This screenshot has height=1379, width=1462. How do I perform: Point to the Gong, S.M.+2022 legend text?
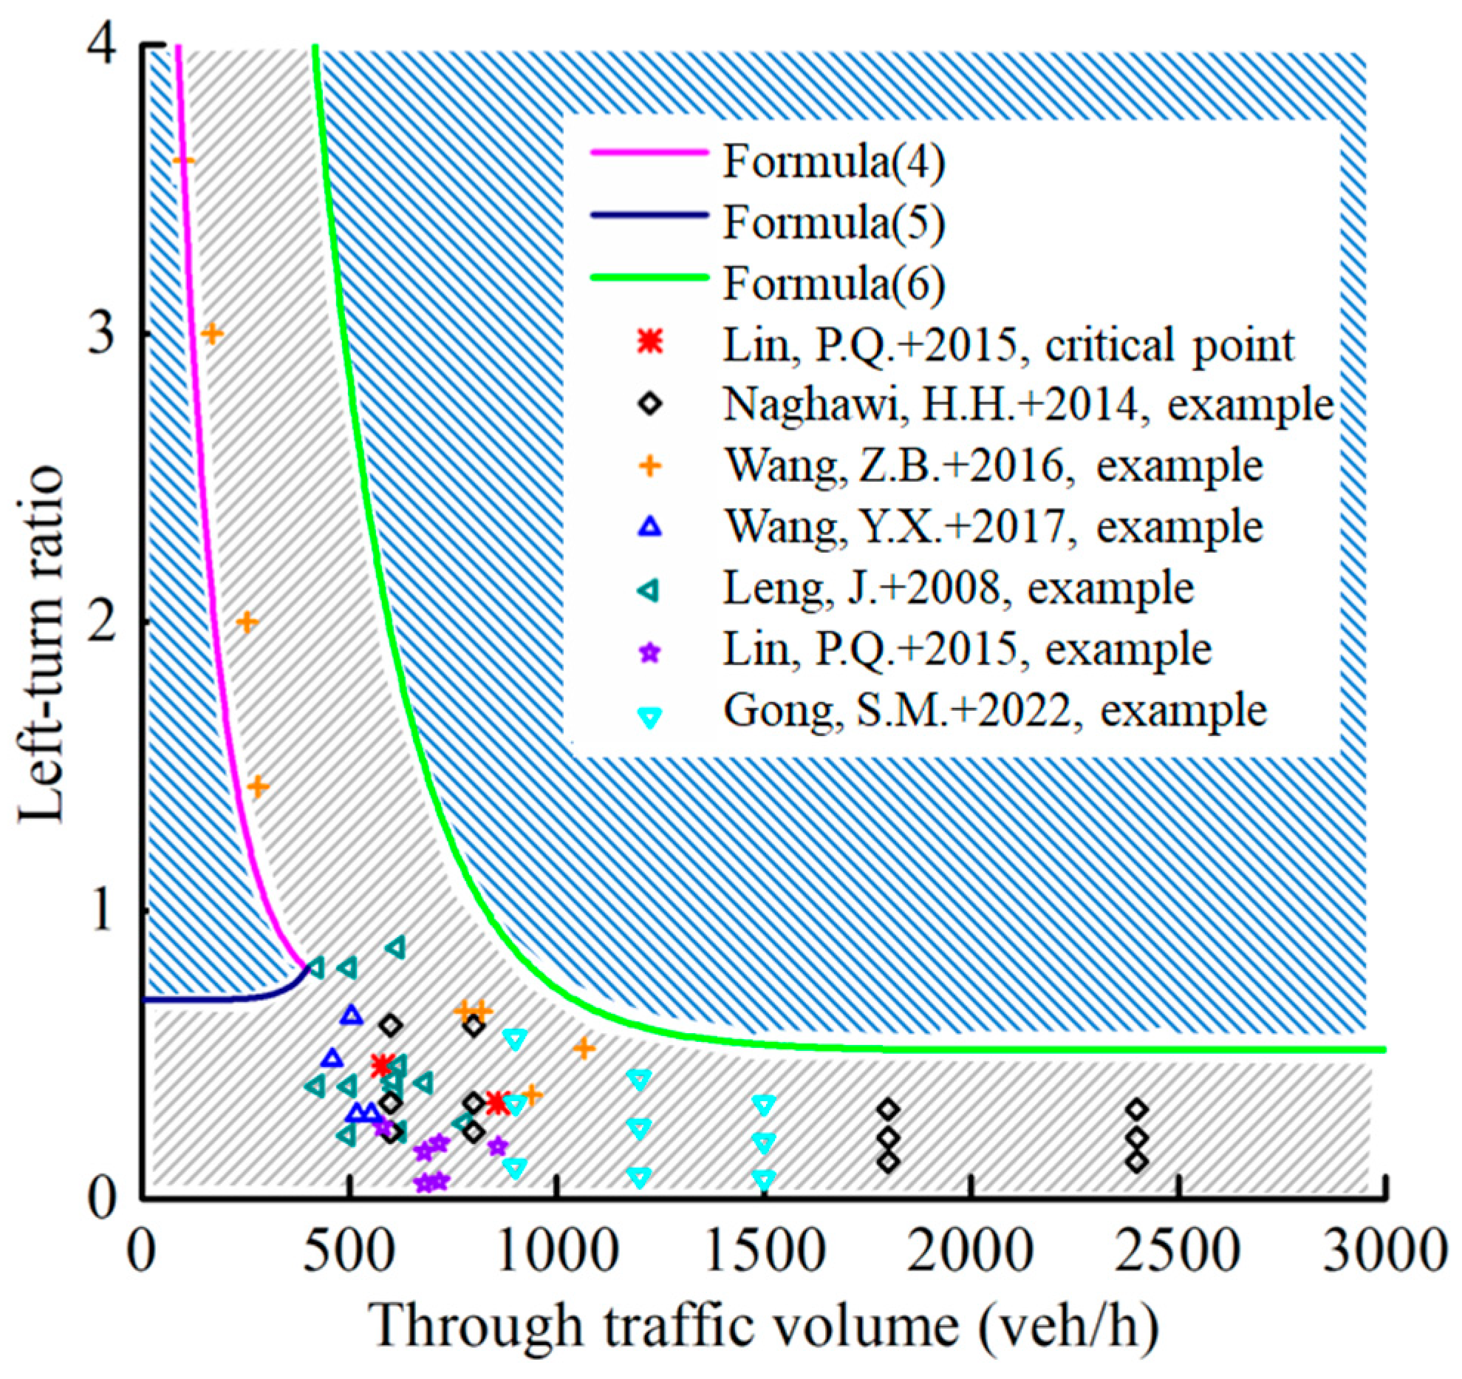[x=994, y=710]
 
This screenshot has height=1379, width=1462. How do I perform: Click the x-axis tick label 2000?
[x=970, y=1254]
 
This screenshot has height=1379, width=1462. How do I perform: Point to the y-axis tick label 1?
[x=103, y=910]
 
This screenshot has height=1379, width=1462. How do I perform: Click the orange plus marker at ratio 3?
[x=212, y=334]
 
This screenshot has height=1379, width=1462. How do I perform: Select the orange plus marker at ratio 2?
[x=247, y=622]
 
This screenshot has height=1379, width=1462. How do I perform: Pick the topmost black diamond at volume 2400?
[x=1138, y=1109]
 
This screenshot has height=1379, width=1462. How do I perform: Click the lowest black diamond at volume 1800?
[x=889, y=1162]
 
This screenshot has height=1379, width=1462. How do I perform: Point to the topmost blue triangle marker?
[x=352, y=1015]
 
